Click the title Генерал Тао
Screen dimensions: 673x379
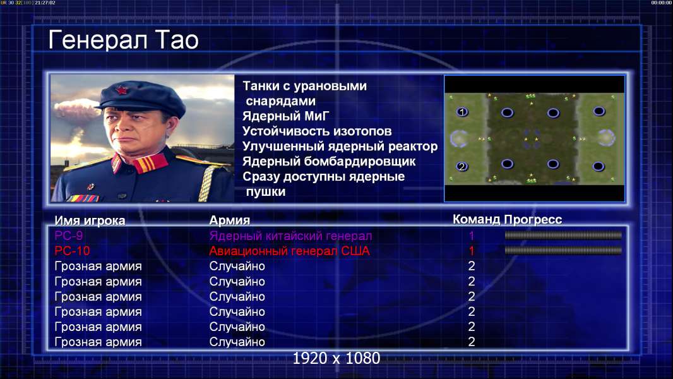coord(123,40)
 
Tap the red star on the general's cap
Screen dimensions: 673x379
coord(121,90)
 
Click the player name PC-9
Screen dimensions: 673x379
coord(69,236)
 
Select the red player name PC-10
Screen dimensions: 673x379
coord(72,251)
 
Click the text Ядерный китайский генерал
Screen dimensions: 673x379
coord(290,236)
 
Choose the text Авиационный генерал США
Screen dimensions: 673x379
coord(289,251)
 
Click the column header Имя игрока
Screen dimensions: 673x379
coord(90,220)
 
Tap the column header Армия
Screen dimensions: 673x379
coord(230,220)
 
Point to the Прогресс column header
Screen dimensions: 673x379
coord(533,220)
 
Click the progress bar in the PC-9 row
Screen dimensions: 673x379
coord(563,235)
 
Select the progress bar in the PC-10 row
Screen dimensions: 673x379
coord(563,250)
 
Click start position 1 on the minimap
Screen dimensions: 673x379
coord(462,112)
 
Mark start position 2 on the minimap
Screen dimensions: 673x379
coord(462,166)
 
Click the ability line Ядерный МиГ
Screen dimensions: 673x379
coord(286,116)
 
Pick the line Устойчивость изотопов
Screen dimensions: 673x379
coord(317,131)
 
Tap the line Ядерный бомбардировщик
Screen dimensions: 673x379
coord(329,162)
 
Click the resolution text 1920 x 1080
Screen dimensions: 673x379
coord(336,358)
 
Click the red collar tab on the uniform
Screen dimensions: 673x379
coord(150,163)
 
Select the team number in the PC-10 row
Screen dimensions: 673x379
coord(471,251)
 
